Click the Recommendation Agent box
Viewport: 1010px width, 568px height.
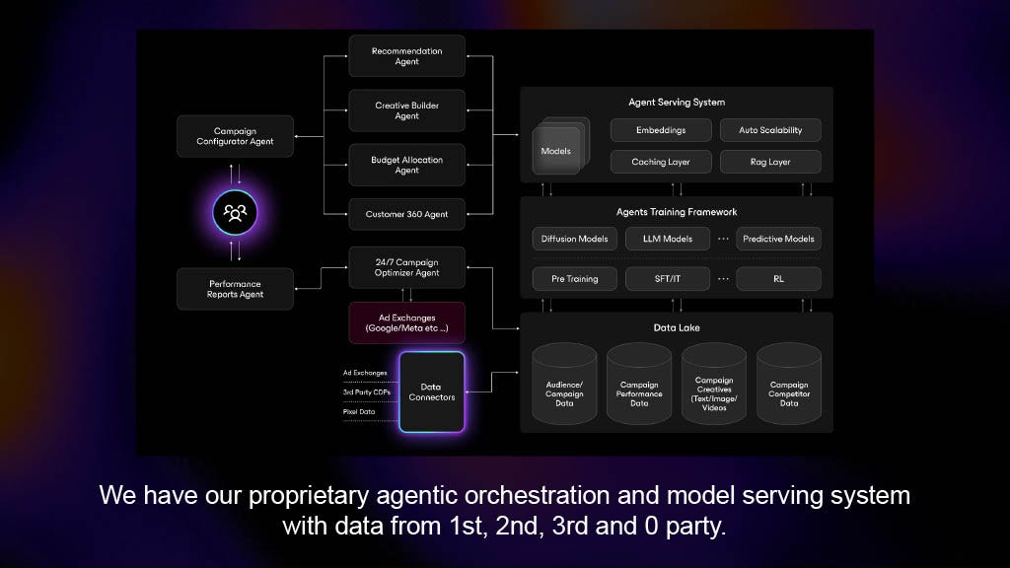406,56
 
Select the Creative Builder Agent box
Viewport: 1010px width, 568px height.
406,110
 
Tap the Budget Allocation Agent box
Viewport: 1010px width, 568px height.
406,165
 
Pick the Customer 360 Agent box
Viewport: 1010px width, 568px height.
406,214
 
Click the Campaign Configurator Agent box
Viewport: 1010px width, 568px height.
235,136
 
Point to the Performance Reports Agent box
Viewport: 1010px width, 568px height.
235,289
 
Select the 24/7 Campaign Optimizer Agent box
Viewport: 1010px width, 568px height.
406,267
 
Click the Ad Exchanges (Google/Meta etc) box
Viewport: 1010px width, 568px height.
406,322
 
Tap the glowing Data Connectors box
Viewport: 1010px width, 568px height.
431,391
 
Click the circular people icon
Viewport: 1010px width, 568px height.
235,212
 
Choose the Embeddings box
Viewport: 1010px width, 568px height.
660,130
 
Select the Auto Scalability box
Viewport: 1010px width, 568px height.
770,130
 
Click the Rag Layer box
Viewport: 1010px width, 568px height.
770,162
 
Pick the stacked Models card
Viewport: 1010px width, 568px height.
557,151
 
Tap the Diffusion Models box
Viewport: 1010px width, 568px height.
575,239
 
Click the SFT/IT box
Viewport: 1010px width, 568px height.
667,279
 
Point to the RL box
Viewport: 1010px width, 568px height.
778,279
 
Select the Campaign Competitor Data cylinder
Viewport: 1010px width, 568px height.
789,387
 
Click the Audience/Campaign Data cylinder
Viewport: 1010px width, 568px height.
564,387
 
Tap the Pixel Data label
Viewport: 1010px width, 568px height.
360,411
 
